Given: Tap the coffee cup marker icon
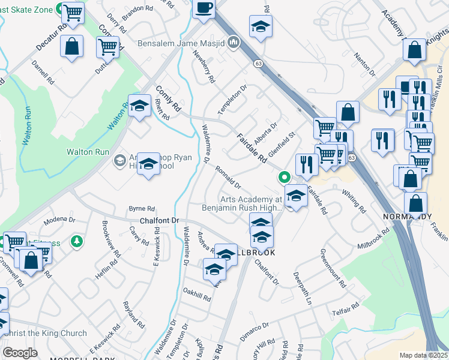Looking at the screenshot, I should tap(204, 8).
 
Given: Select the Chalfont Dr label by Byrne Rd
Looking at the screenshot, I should tap(160, 221).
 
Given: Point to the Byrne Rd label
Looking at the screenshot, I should tap(142, 209).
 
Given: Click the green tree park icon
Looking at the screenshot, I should tap(76, 241).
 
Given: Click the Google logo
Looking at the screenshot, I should tap(20, 353).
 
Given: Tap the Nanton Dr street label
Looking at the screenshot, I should tap(364, 65).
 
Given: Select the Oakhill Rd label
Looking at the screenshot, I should tap(197, 294).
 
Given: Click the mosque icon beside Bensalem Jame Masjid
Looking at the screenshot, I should tap(234, 43).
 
